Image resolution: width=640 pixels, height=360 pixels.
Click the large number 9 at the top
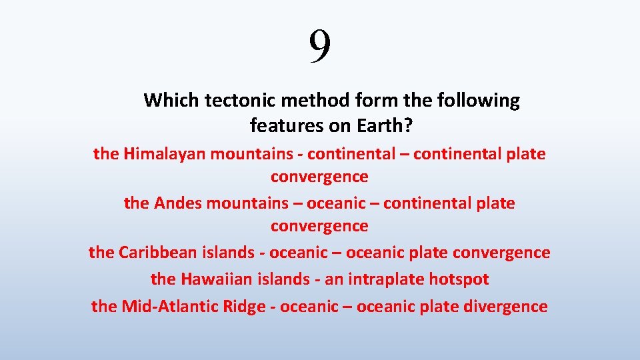click(320, 47)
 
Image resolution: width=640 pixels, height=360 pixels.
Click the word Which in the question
click(171, 101)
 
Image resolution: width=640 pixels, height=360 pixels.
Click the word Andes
click(178, 203)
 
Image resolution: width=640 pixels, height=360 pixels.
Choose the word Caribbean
click(157, 253)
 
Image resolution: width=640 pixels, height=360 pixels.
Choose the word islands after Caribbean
click(229, 253)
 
